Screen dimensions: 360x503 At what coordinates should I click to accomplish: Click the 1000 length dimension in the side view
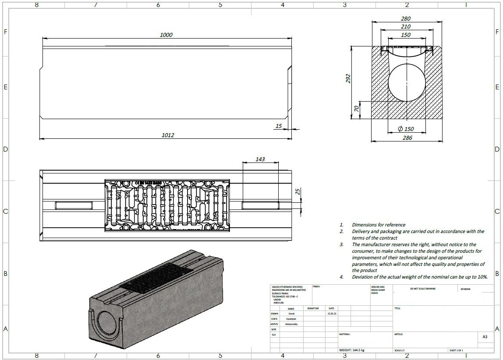166,35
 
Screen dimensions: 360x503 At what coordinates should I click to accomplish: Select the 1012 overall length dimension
168,135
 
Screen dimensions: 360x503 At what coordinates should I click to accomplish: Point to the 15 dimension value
279,126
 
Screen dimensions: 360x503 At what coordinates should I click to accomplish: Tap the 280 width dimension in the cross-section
406,19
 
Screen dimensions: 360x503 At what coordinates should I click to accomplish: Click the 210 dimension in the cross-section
406,27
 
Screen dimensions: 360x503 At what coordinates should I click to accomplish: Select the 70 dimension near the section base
357,108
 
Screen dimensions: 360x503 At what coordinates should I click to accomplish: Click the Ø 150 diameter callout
406,129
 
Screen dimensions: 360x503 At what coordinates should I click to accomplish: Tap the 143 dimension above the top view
260,159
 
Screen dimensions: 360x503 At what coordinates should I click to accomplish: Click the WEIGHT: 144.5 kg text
352,350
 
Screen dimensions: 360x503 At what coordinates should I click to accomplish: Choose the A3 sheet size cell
485,337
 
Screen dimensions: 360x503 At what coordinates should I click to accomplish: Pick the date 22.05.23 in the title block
331,314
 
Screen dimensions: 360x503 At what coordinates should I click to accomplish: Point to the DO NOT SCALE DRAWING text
422,289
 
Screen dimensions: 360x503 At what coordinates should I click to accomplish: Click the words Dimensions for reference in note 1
379,225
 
